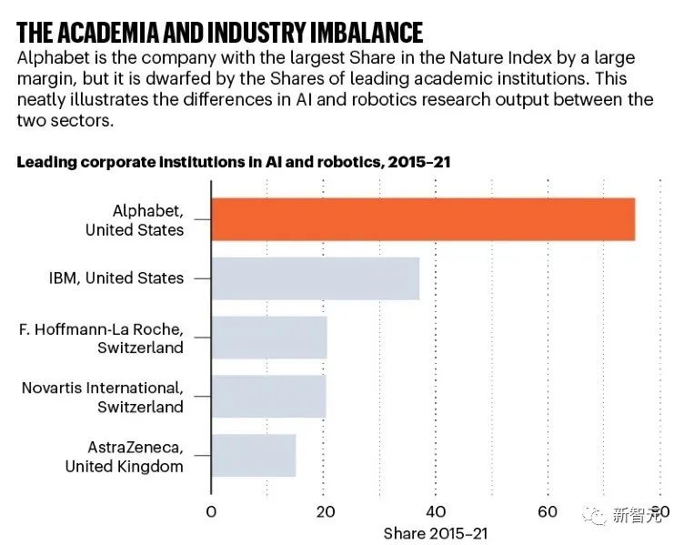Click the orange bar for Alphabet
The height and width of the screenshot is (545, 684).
tap(423, 218)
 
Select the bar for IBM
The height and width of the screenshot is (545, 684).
tap(315, 278)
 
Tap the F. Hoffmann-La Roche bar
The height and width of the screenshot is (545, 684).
tap(268, 338)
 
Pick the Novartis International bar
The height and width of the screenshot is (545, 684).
tap(268, 397)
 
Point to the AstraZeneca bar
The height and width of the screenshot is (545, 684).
tap(253, 456)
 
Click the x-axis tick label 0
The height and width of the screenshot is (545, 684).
tap(211, 511)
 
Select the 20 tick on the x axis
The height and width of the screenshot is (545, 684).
tap(324, 511)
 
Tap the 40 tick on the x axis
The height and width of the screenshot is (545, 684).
tap(436, 511)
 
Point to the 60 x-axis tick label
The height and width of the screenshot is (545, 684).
tap(548, 511)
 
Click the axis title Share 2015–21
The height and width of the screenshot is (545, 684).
tap(436, 533)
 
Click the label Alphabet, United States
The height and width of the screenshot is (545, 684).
tap(135, 219)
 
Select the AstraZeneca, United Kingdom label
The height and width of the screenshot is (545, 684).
tap(125, 456)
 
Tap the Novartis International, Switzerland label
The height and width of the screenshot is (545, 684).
tap(103, 397)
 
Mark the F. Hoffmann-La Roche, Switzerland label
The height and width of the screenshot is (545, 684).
tap(102, 338)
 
